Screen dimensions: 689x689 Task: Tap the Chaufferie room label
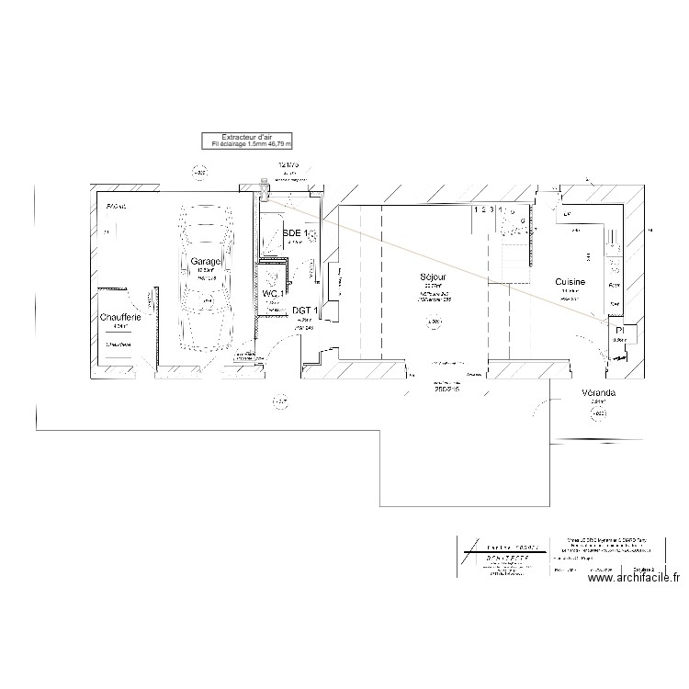[x=120, y=317]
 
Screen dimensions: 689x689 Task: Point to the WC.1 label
[x=273, y=293]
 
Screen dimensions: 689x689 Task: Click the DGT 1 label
[x=304, y=311]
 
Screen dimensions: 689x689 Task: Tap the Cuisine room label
[x=571, y=282]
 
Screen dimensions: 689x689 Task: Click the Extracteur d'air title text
[x=248, y=136]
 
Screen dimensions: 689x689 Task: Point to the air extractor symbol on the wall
[x=265, y=190]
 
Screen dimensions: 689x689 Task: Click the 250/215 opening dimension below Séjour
[x=447, y=389]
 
